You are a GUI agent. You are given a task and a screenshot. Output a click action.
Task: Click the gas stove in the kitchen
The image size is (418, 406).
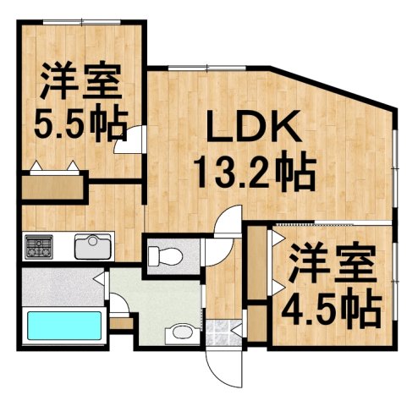(x=38, y=248)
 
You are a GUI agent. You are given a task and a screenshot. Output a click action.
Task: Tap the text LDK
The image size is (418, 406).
(x=253, y=132)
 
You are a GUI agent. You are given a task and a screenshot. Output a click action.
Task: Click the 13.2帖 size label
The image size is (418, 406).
(x=253, y=174)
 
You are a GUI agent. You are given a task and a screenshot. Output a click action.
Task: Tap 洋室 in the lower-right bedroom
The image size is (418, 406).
(x=331, y=266)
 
